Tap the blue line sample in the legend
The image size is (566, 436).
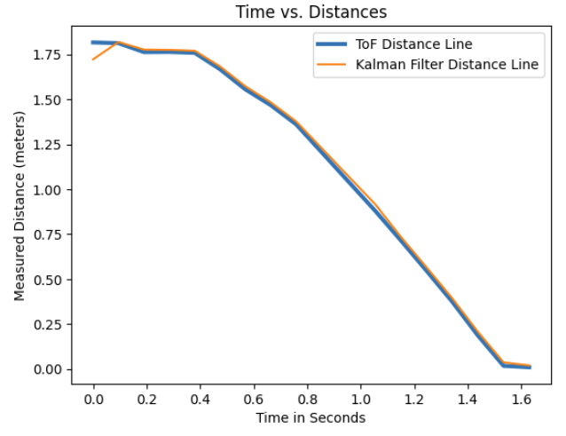[332, 43]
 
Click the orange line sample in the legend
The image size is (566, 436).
[332, 64]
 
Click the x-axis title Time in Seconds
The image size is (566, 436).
[310, 417]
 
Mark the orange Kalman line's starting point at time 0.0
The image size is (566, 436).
[92, 59]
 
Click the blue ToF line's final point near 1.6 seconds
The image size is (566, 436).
[530, 367]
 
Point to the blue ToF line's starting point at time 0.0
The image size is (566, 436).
[92, 43]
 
